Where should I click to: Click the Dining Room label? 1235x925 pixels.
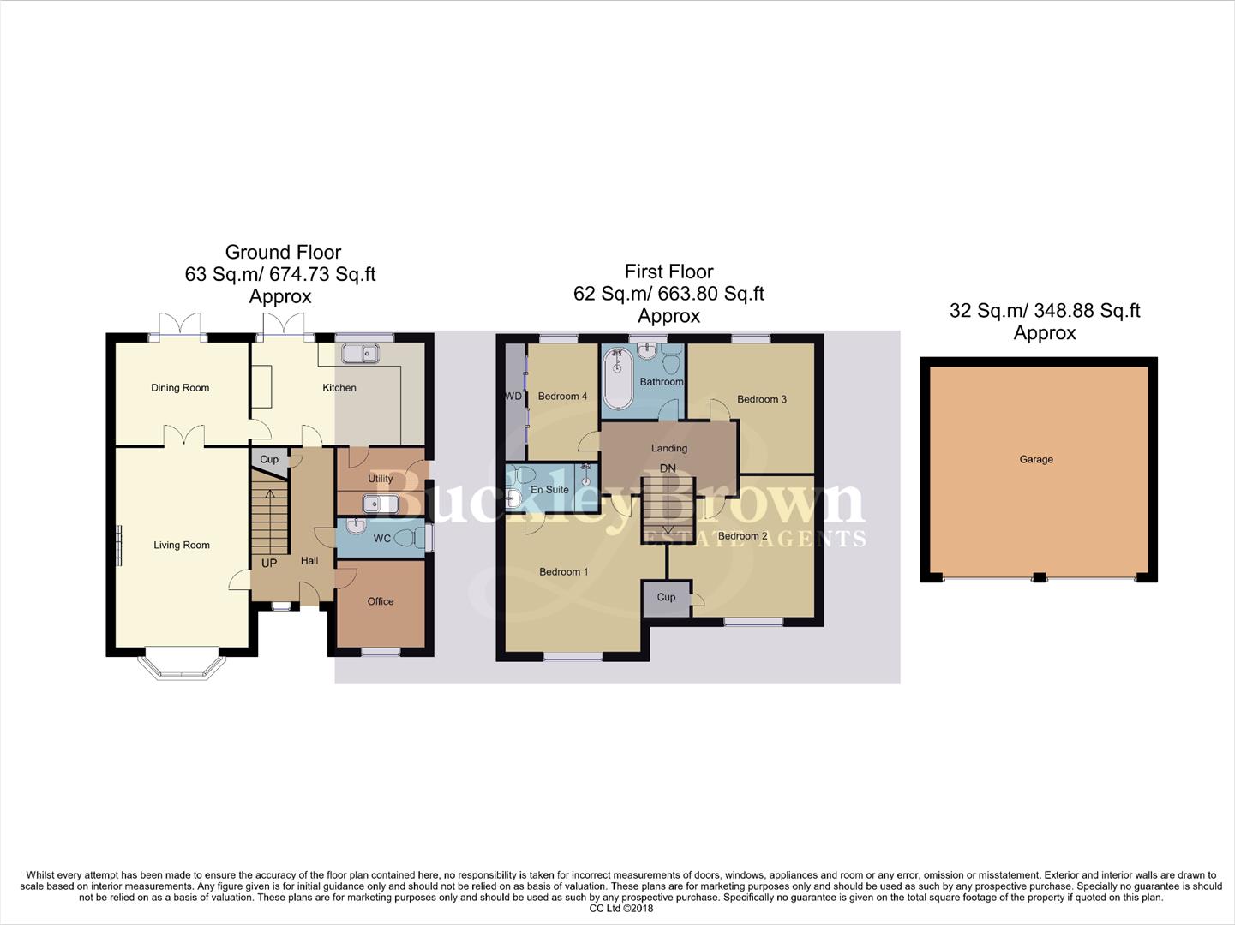click(180, 388)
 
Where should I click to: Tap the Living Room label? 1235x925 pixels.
click(182, 545)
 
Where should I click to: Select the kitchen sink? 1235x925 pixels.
click(360, 353)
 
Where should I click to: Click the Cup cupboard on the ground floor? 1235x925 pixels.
click(269, 459)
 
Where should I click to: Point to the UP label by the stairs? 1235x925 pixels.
click(269, 564)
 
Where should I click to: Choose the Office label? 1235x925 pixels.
click(381, 601)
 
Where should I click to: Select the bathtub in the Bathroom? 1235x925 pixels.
click(616, 381)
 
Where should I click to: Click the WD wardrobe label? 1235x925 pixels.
click(513, 397)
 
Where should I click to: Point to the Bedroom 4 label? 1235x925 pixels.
click(562, 397)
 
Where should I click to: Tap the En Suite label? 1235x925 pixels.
click(549, 490)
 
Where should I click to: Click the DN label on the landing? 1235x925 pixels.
click(668, 468)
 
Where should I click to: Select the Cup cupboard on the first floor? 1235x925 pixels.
click(666, 598)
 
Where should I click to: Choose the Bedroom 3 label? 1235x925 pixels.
click(761, 399)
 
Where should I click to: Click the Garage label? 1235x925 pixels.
click(1036, 460)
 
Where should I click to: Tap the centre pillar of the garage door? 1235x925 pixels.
click(1039, 578)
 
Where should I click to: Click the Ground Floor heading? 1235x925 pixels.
click(283, 252)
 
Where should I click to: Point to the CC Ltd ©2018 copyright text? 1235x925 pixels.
click(620, 909)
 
